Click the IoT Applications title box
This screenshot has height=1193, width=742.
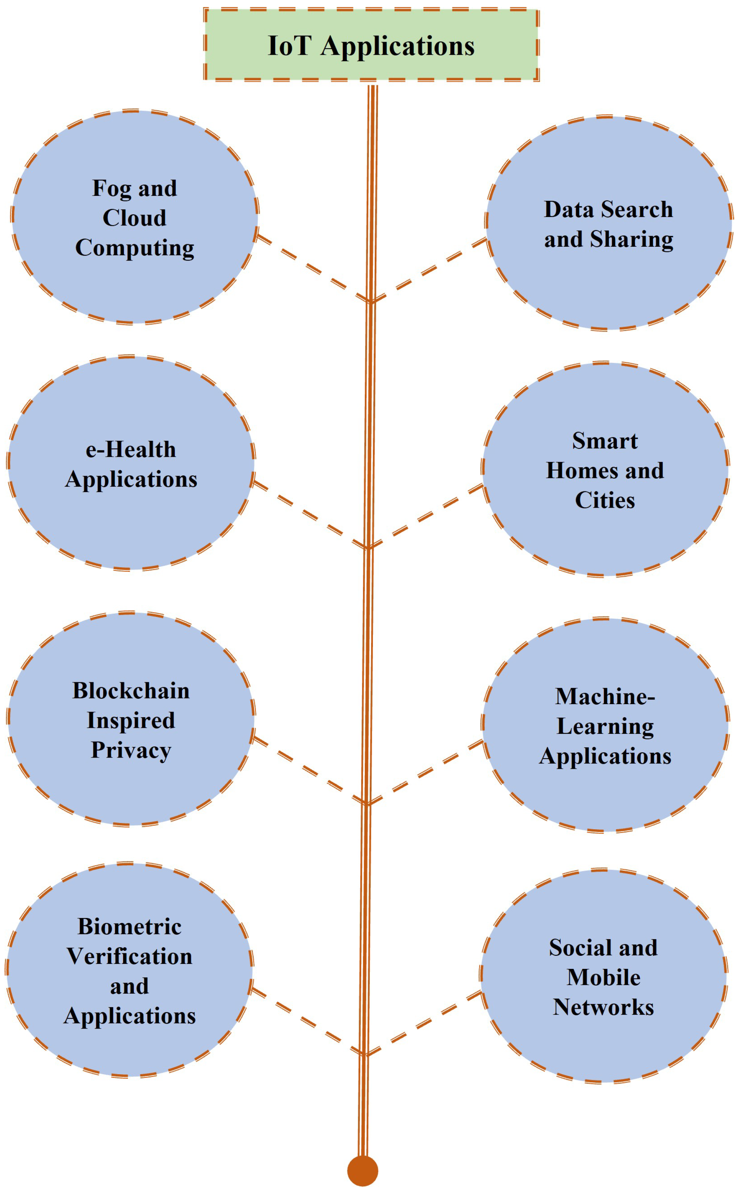(x=371, y=45)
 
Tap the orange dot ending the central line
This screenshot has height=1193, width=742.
(x=363, y=1171)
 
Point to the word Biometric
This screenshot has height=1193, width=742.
(x=129, y=926)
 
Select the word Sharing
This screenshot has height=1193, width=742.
(x=632, y=239)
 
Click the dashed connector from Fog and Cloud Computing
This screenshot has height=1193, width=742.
(x=313, y=268)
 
